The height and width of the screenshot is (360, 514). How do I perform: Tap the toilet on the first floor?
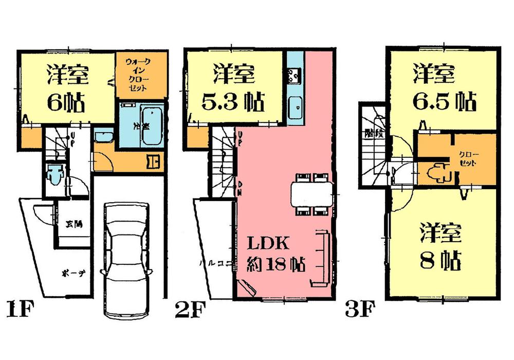pos(53,174)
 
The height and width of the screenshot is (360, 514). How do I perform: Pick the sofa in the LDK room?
pos(321,257)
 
